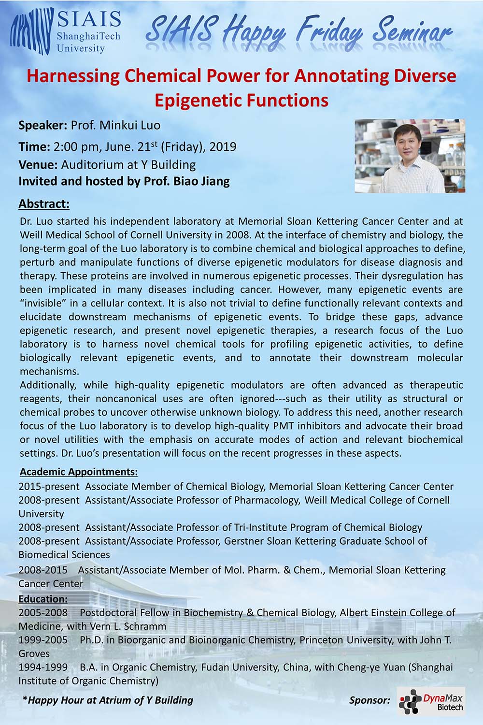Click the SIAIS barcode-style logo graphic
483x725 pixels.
tap(31, 31)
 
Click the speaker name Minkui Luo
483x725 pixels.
tap(130, 125)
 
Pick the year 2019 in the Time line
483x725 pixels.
tap(223, 146)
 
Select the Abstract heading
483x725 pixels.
tap(44, 204)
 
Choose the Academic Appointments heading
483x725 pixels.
tap(79, 472)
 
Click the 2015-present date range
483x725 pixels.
tap(48, 486)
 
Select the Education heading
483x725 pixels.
tap(43, 599)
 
